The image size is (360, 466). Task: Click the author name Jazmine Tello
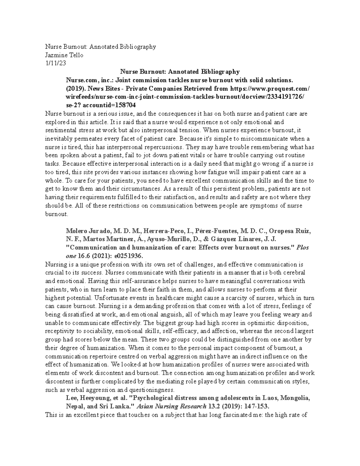64,55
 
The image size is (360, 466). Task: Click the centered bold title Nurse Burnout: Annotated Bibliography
180,72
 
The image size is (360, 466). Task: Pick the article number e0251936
124,256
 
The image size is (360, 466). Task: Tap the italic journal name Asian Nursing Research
171,407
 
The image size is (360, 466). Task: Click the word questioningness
152,390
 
